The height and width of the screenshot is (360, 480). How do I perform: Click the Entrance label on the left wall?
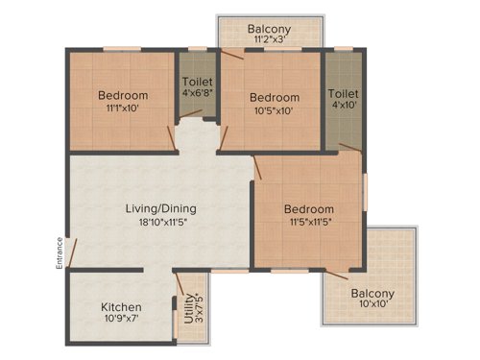[x=60, y=252]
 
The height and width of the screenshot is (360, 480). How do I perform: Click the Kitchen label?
[x=122, y=307]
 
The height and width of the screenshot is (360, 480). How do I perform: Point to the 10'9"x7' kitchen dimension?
[x=122, y=322]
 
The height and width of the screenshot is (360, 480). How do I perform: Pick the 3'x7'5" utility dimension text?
[x=199, y=317]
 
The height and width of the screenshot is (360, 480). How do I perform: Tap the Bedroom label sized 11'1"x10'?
[x=123, y=95]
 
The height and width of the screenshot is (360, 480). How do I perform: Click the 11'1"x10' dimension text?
[x=123, y=109]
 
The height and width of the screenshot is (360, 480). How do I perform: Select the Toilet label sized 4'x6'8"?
[x=198, y=83]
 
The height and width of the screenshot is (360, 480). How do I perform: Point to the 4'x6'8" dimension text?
[x=198, y=95]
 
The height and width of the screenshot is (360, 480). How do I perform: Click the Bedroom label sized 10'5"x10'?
[x=275, y=97]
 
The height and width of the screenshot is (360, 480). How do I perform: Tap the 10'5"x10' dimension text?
[x=275, y=111]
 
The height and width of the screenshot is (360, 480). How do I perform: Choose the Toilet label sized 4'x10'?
[x=343, y=93]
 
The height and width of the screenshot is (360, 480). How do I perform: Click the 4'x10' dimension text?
[x=343, y=107]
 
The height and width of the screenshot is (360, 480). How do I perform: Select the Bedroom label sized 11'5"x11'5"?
[x=308, y=209]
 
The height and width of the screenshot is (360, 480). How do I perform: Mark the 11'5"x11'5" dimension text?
[x=308, y=224]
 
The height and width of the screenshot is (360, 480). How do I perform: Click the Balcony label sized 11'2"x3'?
[x=270, y=30]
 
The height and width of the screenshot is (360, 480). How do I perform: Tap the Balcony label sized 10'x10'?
[x=372, y=294]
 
